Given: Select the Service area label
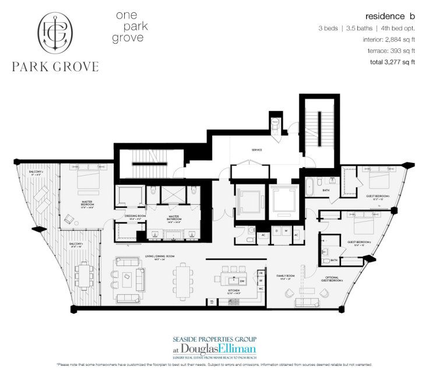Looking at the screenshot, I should [256, 150].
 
